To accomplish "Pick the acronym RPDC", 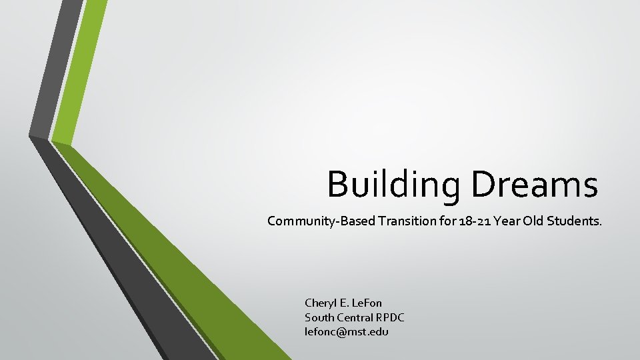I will click(390, 317).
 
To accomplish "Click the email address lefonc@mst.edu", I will click(347, 331).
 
